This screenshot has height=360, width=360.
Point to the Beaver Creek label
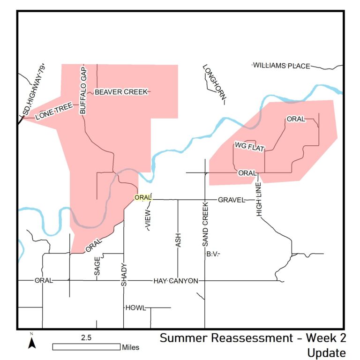[121, 92]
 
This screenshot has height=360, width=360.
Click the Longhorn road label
[214, 82]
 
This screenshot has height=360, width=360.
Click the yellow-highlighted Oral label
[143, 198]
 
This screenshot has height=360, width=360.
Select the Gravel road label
[232, 200]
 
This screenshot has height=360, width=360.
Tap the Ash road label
[178, 240]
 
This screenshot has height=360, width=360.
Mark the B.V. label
[212, 254]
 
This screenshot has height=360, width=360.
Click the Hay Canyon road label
[176, 281]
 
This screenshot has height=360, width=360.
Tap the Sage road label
[97, 267]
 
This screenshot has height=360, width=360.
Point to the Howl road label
[135, 308]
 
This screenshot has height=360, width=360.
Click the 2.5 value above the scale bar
[87, 337]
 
